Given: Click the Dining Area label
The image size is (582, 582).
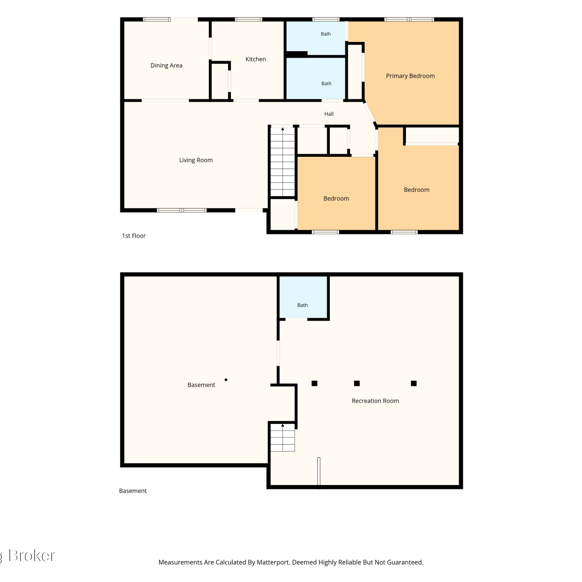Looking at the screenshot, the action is pyautogui.click(x=166, y=66).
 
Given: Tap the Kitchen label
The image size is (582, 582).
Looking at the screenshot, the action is pyautogui.click(x=256, y=59).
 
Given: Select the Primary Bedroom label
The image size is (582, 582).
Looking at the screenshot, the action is pyautogui.click(x=410, y=76).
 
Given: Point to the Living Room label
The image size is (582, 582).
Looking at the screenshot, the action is pyautogui.click(x=196, y=160).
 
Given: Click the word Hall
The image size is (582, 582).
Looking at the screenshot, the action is pyautogui.click(x=329, y=114).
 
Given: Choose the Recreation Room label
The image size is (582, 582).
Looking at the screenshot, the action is pyautogui.click(x=375, y=401).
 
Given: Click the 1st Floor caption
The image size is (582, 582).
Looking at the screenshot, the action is pyautogui.click(x=134, y=236).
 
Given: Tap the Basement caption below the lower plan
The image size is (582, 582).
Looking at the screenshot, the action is pyautogui.click(x=133, y=491).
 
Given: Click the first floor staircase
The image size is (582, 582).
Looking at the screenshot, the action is pyautogui.click(x=282, y=162).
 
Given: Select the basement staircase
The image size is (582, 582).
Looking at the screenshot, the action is pyautogui.click(x=282, y=438).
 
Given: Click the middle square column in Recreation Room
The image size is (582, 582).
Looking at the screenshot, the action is pyautogui.click(x=357, y=383).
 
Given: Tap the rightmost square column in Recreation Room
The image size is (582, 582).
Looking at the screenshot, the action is pyautogui.click(x=414, y=383).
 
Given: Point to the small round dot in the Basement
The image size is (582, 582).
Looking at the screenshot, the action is pyautogui.click(x=226, y=380).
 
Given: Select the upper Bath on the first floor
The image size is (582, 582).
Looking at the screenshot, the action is pyautogui.click(x=315, y=38).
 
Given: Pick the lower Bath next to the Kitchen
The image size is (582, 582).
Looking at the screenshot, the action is pyautogui.click(x=315, y=78).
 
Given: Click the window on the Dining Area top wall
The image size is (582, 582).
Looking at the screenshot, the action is pyautogui.click(x=157, y=19).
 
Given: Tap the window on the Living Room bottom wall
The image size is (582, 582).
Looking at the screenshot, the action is pyautogui.click(x=182, y=210).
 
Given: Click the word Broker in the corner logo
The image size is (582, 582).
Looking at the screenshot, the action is pyautogui.click(x=32, y=556).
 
